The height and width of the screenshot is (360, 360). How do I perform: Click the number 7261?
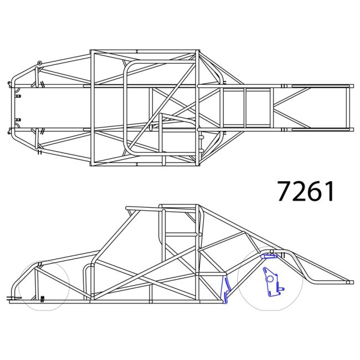pos(306,191)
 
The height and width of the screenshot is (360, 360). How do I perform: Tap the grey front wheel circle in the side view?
pos(42,285)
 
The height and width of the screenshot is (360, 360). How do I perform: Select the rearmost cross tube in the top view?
pos(349,108)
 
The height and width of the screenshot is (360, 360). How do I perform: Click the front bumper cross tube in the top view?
pos(12,108)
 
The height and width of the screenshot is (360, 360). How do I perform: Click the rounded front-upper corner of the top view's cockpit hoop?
pos(131,66)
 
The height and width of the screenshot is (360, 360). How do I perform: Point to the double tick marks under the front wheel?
pos(42,299)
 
